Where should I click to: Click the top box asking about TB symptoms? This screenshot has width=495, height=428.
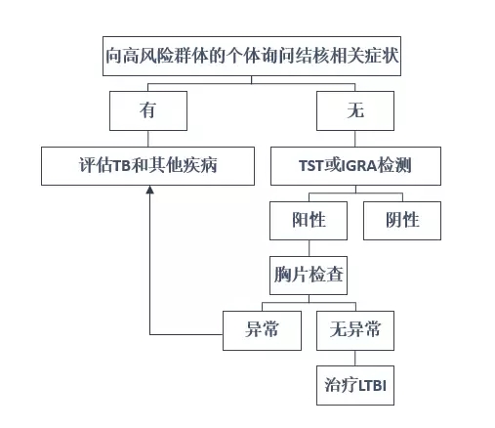coord(252,57)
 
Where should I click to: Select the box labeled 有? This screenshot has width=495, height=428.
coord(148,110)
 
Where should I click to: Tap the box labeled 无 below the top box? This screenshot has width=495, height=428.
coord(355,110)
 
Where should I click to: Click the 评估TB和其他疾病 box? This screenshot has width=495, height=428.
coord(147,166)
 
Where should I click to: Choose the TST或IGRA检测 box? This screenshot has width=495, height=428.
coord(355,166)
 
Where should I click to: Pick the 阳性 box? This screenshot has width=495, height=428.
coord(309,221)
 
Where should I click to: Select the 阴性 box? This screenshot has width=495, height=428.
coord(402,221)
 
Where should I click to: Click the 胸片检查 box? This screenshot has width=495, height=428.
coord(309,276)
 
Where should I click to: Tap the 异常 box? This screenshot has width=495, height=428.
coord(262,330)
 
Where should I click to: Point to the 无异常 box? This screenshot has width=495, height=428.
coord(355,330)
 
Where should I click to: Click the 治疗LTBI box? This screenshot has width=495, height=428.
coord(355,385)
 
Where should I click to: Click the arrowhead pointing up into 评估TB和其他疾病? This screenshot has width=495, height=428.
coord(149,190)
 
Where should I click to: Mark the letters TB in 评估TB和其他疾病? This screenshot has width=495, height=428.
coord(122,166)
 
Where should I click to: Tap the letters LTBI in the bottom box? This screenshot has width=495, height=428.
coord(373,386)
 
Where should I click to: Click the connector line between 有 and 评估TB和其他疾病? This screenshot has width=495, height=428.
coord(148,139)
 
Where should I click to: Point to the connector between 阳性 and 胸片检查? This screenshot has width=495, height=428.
coord(309,248)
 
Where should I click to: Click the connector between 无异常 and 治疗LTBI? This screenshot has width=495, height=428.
coord(355,358)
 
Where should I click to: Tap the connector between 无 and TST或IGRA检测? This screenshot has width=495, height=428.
coord(355,139)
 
